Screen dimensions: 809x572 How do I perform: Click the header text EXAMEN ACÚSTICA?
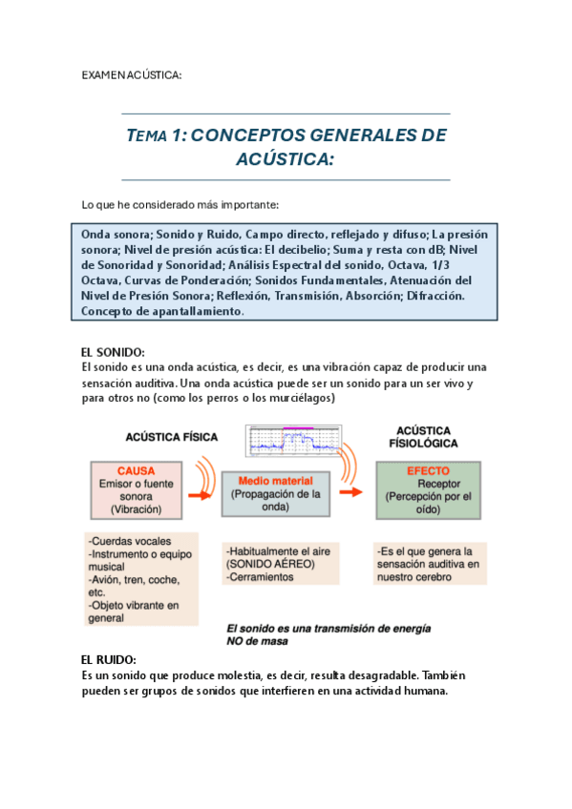[131, 74]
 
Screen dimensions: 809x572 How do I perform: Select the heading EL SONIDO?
[113, 352]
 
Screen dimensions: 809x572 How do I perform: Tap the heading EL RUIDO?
[109, 659]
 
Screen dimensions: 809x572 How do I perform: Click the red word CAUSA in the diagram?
[136, 470]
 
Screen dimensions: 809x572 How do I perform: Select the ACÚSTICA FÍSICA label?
[172, 437]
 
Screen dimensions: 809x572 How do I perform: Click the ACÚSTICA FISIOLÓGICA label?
[423, 437]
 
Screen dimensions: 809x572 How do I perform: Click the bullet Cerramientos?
[263, 577]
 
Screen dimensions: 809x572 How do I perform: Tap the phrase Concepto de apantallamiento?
[163, 311]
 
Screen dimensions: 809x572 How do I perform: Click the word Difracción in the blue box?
[434, 296]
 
